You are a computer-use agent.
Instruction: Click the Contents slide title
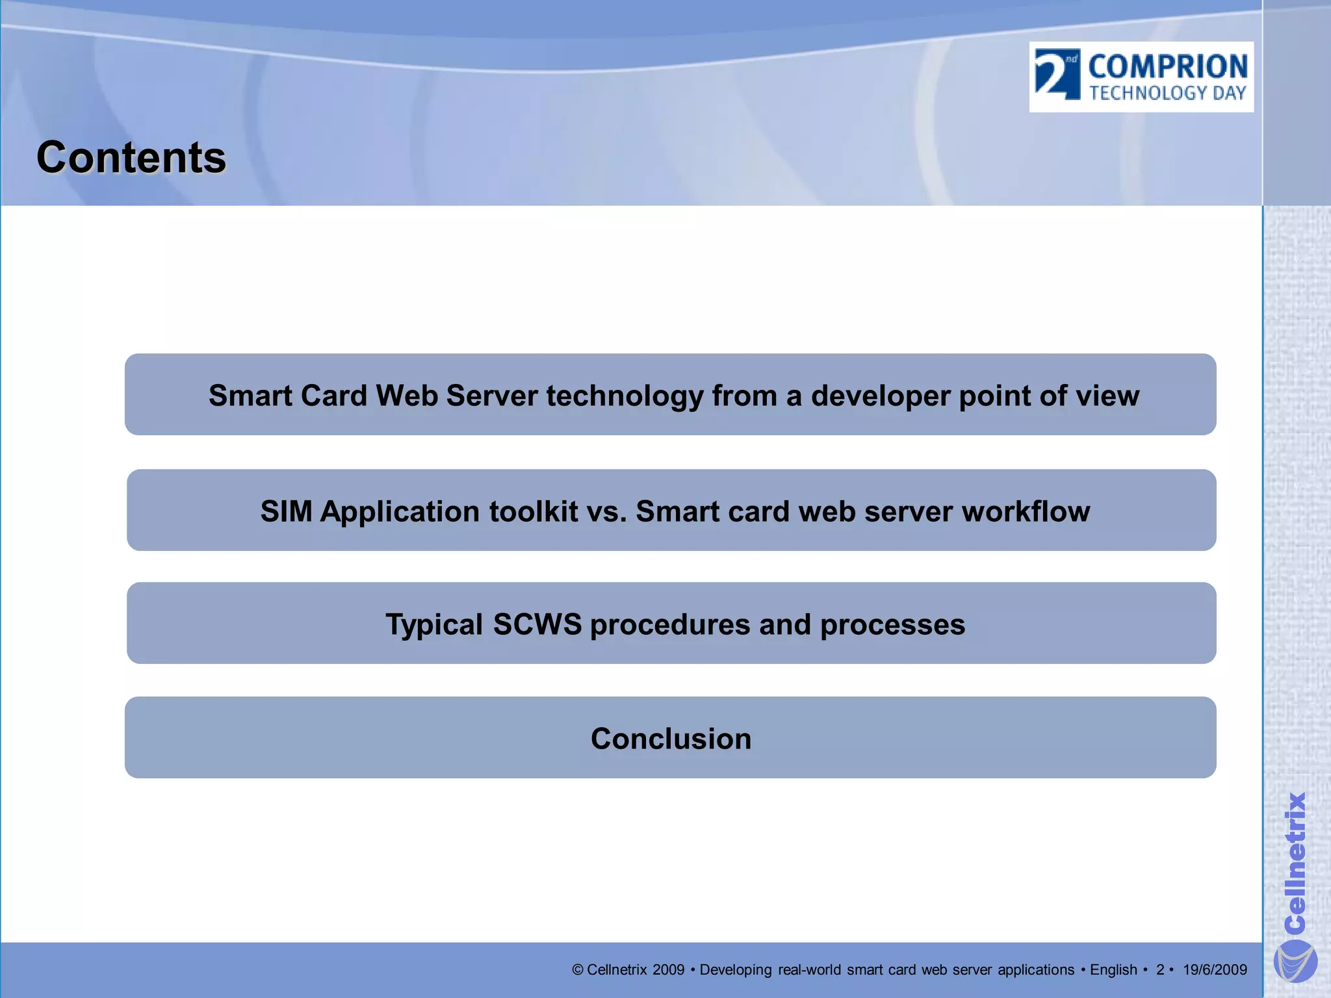click(131, 158)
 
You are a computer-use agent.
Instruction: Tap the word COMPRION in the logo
click(1167, 67)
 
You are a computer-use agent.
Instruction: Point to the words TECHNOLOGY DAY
click(1167, 94)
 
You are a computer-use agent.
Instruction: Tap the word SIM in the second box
click(286, 511)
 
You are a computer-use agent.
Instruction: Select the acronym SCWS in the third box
click(537, 624)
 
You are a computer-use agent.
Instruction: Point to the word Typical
click(434, 624)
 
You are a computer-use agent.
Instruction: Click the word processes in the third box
click(892, 624)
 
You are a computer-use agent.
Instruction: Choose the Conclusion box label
click(671, 739)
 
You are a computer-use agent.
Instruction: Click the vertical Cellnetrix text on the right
click(1295, 862)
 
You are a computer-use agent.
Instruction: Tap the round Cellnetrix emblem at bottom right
click(1295, 961)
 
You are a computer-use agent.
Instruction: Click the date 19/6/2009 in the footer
click(1214, 970)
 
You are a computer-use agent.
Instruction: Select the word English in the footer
click(1113, 970)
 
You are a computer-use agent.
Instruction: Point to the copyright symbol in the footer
click(577, 970)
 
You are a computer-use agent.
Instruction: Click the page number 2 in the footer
click(1159, 970)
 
